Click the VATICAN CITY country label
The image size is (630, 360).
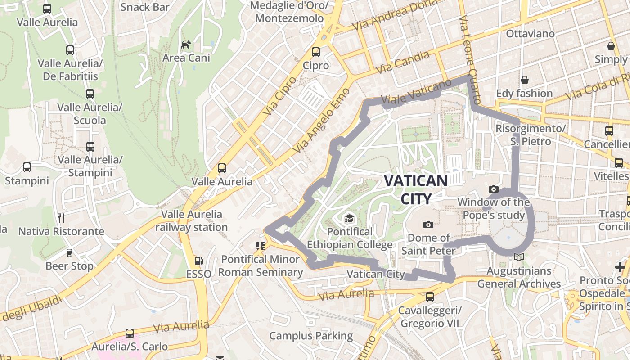pyautogui.click(x=415, y=189)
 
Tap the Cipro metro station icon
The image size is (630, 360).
pyautogui.click(x=316, y=52)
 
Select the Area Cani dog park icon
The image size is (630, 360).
pyautogui.click(x=186, y=45)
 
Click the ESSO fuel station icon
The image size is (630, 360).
pyautogui.click(x=198, y=261)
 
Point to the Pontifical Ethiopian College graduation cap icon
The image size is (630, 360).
pyautogui.click(x=349, y=219)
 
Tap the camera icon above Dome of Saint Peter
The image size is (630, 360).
pyautogui.click(x=428, y=225)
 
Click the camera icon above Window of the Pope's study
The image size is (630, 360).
pyautogui.click(x=494, y=189)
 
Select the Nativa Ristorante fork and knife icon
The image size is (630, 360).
pyautogui.click(x=61, y=218)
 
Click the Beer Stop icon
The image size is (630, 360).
pyautogui.click(x=69, y=253)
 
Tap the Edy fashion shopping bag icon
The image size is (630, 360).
pyautogui.click(x=524, y=80)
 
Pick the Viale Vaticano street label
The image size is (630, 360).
pyautogui.click(x=416, y=92)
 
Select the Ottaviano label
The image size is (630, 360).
pyautogui.click(x=530, y=34)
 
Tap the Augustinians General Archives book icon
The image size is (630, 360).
pyautogui.click(x=519, y=257)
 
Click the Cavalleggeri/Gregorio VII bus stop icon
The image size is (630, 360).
pyautogui.click(x=430, y=297)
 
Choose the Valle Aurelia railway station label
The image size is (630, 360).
pyautogui.click(x=191, y=220)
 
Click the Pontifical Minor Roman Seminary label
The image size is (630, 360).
pyautogui.click(x=261, y=265)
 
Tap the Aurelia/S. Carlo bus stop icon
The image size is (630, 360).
pyautogui.click(x=130, y=333)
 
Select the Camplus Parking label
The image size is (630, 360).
pyautogui.click(x=311, y=336)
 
